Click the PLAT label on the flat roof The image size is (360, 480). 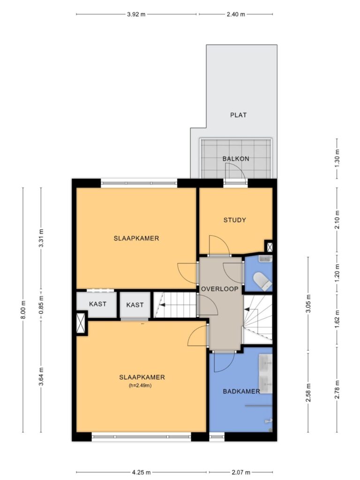238,115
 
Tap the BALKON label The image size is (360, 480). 236,158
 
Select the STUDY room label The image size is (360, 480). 235,220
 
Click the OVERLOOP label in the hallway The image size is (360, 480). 220,289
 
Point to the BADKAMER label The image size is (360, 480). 241,391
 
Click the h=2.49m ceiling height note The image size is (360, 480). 140,385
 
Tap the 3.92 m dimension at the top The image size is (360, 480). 136,14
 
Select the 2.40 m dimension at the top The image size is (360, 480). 236,14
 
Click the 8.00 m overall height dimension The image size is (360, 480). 23,310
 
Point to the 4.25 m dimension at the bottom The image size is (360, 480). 141,472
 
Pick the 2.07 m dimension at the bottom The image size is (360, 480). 240,472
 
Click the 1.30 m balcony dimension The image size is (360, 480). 337,158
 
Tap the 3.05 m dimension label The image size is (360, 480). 308,303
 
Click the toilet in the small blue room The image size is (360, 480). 262,281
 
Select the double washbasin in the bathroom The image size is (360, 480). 266,374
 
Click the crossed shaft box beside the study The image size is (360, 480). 270,247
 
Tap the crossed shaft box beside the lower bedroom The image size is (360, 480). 81,322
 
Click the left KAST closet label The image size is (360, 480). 97,304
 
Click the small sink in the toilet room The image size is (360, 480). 265,259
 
